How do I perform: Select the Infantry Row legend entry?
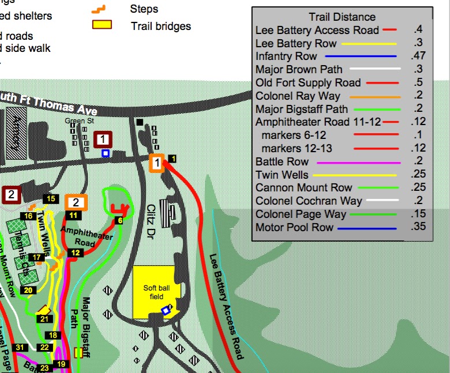click(286, 56)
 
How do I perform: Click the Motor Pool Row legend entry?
click(294, 228)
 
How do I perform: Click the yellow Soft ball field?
click(153, 291)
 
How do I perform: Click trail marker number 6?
click(119, 220)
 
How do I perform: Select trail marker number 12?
click(74, 253)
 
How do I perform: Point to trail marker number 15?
click(51, 199)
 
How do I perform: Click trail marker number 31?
click(20, 347)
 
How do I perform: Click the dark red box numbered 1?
click(103, 139)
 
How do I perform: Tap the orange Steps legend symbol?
click(101, 9)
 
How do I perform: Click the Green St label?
click(74, 120)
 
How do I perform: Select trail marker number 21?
click(44, 319)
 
